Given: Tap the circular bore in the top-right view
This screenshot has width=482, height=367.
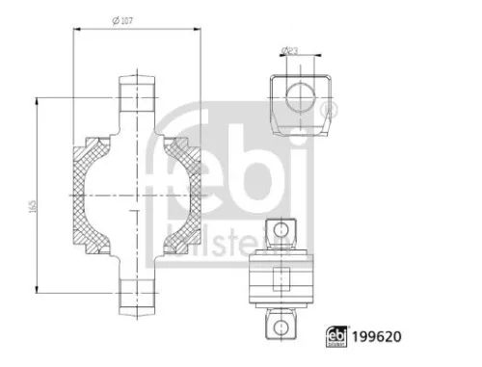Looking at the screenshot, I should (x=300, y=97).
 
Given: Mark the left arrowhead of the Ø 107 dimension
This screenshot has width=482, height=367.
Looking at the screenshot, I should (x=76, y=30).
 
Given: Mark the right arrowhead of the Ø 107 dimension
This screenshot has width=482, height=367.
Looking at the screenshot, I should (x=199, y=30).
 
